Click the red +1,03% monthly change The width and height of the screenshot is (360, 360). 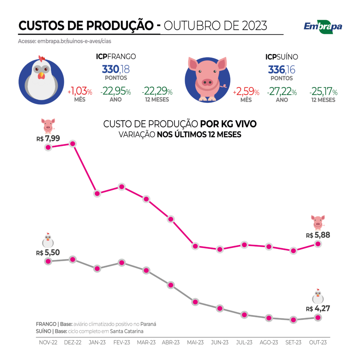pyautogui.click(x=80, y=92)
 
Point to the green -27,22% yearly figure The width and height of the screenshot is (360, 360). pyautogui.click(x=282, y=92)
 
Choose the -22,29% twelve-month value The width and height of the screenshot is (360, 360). pyautogui.click(x=157, y=92)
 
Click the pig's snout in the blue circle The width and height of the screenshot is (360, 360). pyautogui.click(x=207, y=82)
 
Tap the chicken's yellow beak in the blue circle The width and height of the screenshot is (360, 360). pyautogui.click(x=42, y=75)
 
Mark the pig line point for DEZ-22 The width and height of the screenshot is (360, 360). pyautogui.click(x=73, y=144)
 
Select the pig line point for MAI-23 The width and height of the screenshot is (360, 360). pyautogui.click(x=195, y=246)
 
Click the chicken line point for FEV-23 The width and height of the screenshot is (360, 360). pyautogui.click(x=122, y=263)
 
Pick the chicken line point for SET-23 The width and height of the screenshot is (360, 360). pyautogui.click(x=293, y=320)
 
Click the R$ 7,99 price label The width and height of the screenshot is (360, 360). pyautogui.click(x=48, y=139)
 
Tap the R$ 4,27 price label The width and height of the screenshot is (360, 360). pyautogui.click(x=318, y=309)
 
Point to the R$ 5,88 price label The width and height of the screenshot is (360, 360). pyautogui.click(x=318, y=236)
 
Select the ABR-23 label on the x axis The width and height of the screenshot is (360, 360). pyautogui.click(x=171, y=342)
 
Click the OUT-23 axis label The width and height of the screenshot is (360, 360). pyautogui.click(x=318, y=342)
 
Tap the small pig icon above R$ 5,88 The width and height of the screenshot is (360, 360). pyautogui.click(x=318, y=222)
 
